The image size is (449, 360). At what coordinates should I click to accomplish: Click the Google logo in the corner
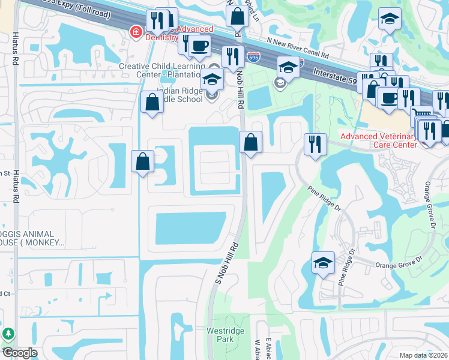coord(19,352)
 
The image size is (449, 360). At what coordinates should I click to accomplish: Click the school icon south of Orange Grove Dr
coord(323,262)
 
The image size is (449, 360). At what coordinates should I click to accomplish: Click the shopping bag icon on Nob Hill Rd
coord(251,142)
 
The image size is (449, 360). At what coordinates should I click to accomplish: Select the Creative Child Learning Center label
coord(162,70)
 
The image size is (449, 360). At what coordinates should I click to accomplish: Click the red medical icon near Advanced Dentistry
coord(137,31)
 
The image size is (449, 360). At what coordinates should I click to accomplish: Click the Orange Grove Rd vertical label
coord(430,205)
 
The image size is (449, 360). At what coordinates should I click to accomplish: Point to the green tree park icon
coord(8,334)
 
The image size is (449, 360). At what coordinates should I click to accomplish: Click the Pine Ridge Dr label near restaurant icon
coord(324,200)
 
